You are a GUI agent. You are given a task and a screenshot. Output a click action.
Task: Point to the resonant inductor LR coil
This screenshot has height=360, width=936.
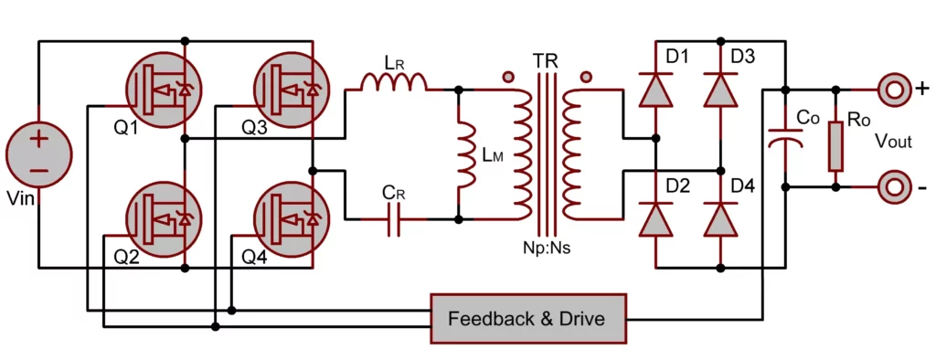click(x=394, y=84)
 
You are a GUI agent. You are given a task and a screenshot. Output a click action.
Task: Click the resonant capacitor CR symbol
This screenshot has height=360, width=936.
click(x=394, y=220)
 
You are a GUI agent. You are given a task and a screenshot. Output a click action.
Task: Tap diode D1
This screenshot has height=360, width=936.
click(x=656, y=90)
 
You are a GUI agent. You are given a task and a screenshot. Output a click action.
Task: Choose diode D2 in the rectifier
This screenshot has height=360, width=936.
click(x=656, y=219)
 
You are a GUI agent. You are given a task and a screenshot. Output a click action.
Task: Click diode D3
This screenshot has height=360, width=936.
click(x=720, y=90)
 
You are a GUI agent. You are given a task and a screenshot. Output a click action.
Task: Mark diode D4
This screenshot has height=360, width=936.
click(x=720, y=219)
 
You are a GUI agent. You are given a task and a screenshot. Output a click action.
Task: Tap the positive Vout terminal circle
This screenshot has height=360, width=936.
click(x=891, y=90)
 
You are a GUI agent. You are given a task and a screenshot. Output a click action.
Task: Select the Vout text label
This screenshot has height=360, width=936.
click(x=894, y=140)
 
